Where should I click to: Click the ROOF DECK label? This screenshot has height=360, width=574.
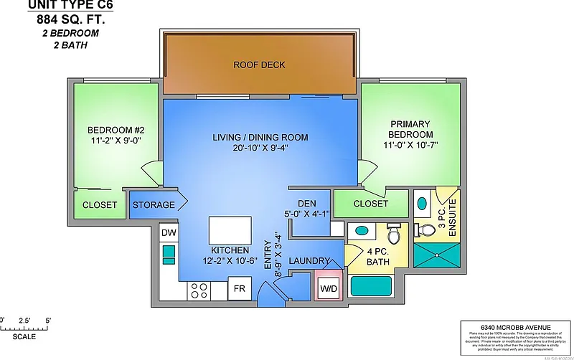(259, 65)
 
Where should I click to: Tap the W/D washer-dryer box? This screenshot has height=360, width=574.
(328, 288)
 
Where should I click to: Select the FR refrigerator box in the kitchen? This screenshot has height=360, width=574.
(238, 290)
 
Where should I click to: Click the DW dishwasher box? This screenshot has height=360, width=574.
(169, 233)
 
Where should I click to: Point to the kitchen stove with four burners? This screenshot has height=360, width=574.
(198, 290)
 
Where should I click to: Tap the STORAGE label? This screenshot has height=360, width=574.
(154, 205)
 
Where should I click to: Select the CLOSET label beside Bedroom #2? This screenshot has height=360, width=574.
(100, 205)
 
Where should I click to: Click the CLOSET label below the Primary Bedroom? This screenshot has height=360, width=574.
(371, 204)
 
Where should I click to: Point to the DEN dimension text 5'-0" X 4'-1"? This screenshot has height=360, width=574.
(307, 212)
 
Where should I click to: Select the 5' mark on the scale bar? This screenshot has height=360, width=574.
(48, 319)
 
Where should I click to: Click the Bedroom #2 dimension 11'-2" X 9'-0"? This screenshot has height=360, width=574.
(116, 141)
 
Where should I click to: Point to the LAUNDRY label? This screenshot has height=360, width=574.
(309, 260)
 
